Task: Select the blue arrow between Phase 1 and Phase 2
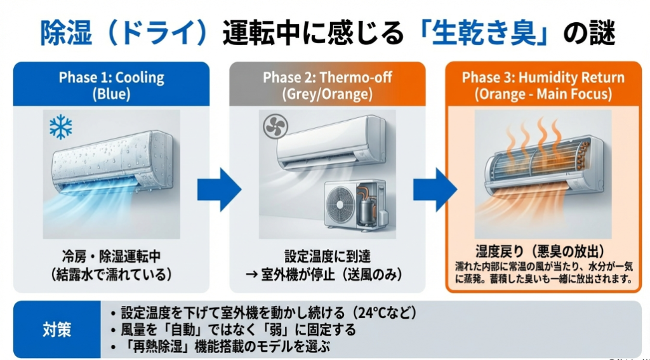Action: pos(218,189)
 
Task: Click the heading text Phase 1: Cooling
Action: pos(111,78)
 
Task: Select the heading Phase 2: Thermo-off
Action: pos(327,78)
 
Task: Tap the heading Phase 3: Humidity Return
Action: pos(543,78)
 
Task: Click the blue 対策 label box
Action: pos(58,330)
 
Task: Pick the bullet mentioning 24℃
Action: pos(267,313)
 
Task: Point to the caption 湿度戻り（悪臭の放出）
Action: pos(543,250)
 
